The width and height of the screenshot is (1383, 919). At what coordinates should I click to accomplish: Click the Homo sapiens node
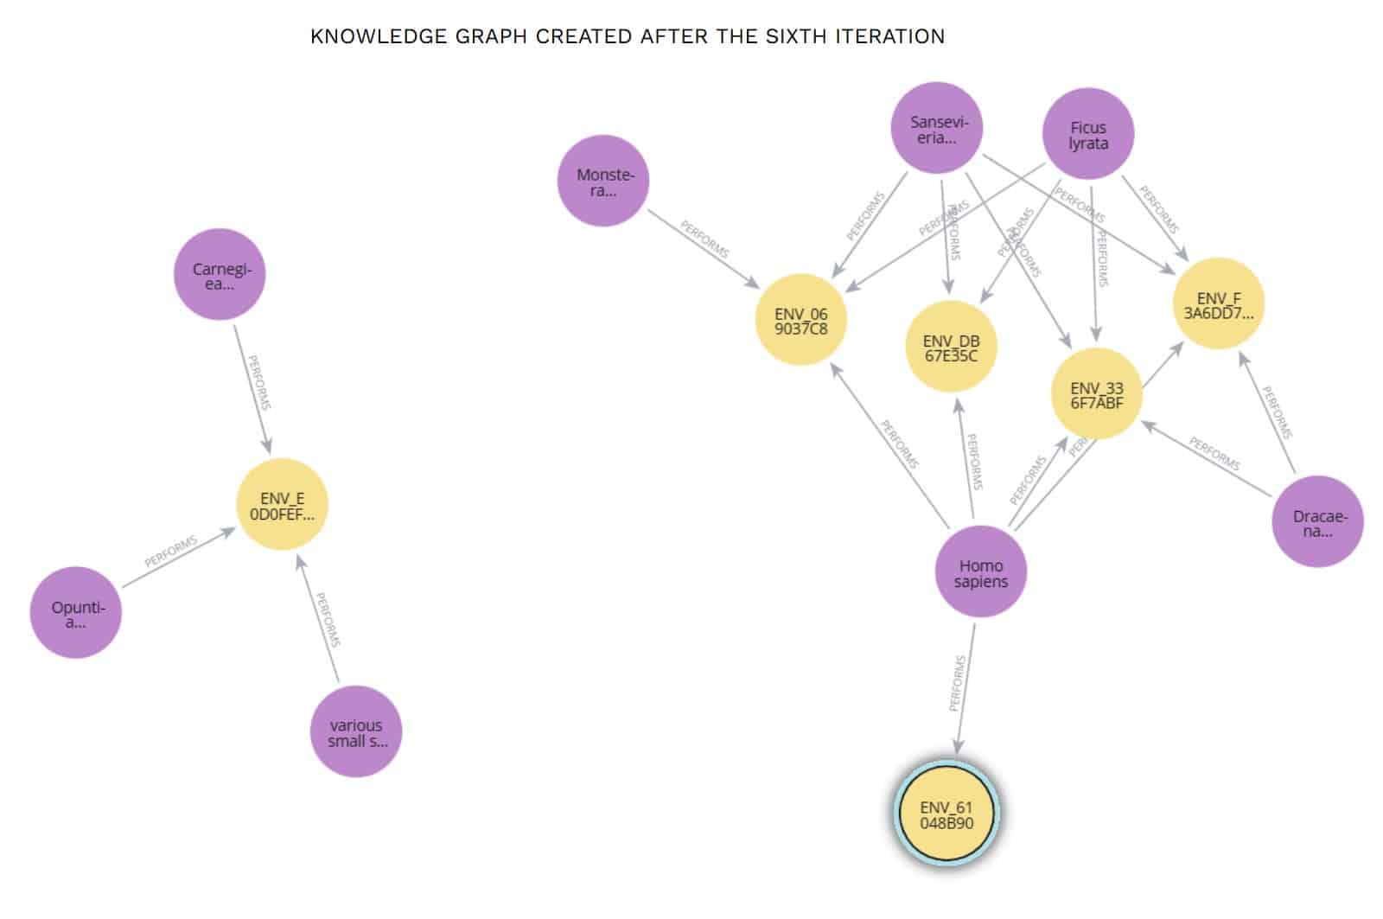980,572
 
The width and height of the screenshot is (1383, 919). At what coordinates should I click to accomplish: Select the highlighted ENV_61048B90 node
946,815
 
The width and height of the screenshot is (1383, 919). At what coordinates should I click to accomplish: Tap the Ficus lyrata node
1087,134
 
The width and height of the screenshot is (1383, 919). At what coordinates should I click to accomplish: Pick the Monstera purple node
603,181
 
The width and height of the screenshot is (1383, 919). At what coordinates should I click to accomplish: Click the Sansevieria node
937,129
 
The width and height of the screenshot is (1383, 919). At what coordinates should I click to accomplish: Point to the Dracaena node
1317,521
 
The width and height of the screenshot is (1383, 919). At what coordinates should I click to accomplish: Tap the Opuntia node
76,613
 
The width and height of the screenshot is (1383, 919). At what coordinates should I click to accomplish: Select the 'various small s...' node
355,731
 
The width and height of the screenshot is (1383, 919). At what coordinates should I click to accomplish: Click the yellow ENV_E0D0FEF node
282,505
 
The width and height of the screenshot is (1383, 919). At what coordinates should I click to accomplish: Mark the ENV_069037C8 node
800,321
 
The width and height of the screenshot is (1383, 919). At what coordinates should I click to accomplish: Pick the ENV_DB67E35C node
951,347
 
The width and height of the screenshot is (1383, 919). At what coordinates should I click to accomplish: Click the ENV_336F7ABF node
1096,394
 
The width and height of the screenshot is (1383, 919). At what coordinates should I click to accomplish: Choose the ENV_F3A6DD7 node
1217,304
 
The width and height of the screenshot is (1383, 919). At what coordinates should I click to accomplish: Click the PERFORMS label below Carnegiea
259,382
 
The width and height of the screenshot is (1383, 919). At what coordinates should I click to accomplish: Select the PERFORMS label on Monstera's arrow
704,239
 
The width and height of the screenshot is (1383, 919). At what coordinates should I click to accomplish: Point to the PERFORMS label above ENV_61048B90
958,683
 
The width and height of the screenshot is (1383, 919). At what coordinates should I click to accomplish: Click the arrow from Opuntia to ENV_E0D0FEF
177,559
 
